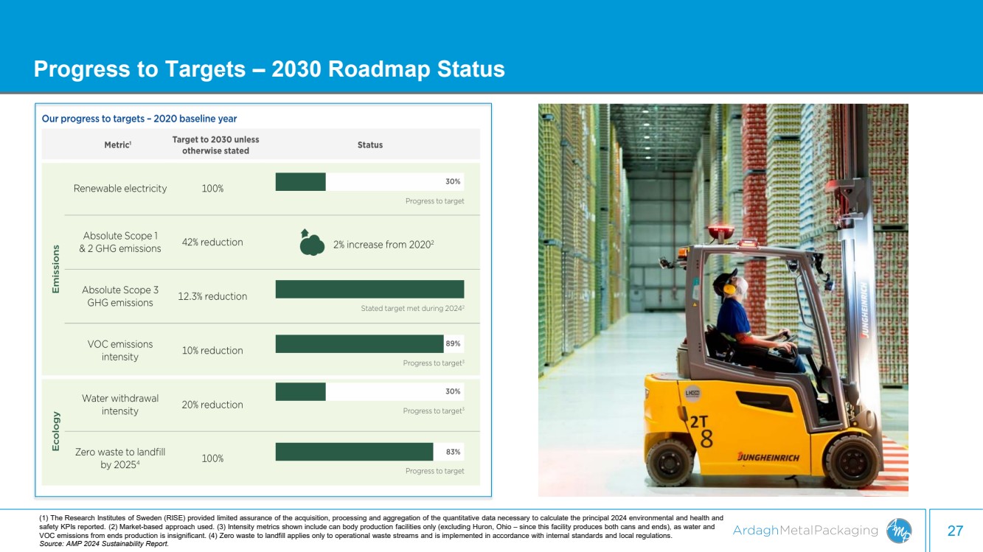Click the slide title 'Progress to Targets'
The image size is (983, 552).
(x=139, y=69)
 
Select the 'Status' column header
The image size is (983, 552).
(x=370, y=144)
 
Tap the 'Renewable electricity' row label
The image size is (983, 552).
(x=120, y=189)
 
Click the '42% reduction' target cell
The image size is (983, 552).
(x=212, y=242)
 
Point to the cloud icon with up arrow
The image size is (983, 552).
(x=312, y=242)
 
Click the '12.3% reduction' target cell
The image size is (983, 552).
(x=212, y=296)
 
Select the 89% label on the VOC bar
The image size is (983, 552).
(x=453, y=343)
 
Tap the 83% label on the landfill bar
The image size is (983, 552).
(x=453, y=452)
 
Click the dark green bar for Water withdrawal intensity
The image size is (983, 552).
(x=301, y=391)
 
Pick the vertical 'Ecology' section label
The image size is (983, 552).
(x=56, y=431)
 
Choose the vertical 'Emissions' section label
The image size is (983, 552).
(x=56, y=269)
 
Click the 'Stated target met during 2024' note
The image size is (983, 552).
(x=412, y=308)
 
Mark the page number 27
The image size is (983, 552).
(x=955, y=531)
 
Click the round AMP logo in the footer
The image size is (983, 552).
(x=899, y=531)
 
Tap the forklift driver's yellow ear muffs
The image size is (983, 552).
(x=729, y=289)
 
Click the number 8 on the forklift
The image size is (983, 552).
(x=706, y=439)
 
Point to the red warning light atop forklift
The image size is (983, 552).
(x=721, y=231)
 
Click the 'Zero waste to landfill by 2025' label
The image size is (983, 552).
(x=120, y=458)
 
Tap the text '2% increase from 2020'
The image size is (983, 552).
(x=383, y=245)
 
